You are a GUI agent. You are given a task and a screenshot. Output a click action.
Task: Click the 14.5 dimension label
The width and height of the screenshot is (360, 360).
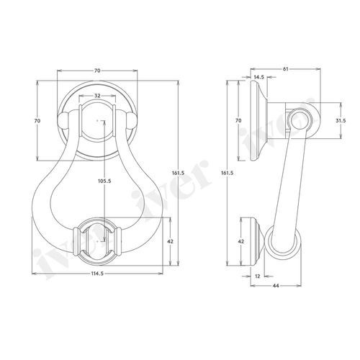coord(258,77)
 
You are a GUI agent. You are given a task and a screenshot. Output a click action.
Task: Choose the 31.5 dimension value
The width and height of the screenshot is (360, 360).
coord(343,120)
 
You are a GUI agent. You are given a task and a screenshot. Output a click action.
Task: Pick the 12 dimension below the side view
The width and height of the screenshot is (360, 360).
coord(258,276)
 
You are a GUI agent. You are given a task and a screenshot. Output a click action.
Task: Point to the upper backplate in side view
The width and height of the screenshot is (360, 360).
coord(258,119)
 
